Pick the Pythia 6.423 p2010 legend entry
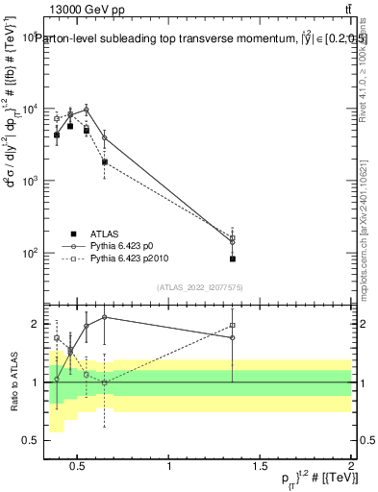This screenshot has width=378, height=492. coord(133,259)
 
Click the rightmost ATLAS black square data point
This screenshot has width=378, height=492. coord(233,258)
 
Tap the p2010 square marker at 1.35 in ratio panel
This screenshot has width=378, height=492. coord(233,326)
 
